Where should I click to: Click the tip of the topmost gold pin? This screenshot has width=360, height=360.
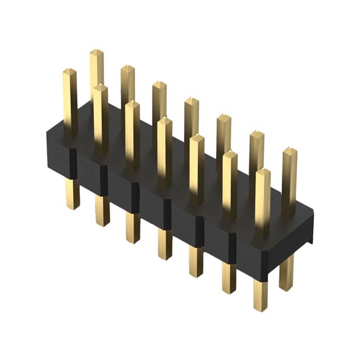click(x=97, y=53)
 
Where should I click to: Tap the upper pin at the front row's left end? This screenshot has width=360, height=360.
click(x=69, y=101)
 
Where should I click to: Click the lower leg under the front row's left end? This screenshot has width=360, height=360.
click(x=72, y=194)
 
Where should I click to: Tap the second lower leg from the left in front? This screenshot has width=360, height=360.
click(x=102, y=211)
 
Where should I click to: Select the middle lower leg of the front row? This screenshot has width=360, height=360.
click(x=165, y=245)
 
